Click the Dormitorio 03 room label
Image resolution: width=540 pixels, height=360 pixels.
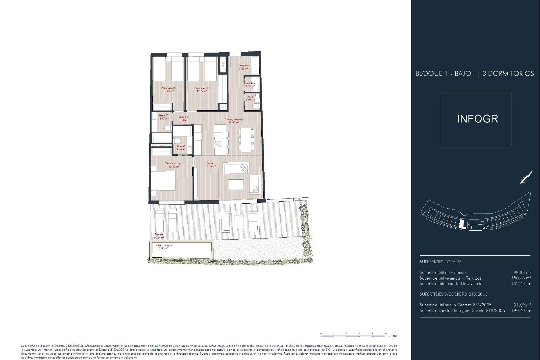coord(168,89)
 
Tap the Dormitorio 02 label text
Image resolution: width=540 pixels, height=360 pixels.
coord(202,89)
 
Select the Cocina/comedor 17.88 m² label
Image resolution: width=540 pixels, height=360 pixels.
coord(234,121)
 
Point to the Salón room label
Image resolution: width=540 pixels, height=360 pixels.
coord(210,165)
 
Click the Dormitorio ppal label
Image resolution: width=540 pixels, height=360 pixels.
coord(174,165)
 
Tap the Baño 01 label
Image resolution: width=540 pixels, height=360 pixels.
coord(181,147)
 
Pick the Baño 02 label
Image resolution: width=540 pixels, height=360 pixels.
coord(164,117)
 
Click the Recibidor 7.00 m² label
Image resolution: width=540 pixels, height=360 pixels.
coord(244,67)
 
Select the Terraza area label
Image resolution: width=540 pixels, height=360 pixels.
coord(159,236)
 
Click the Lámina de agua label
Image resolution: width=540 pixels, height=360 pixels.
coord(163,247)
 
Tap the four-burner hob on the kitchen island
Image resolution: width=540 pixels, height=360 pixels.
coord(218,144)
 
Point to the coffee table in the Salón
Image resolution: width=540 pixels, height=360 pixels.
coord(236,184)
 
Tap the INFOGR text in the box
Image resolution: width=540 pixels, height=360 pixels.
coord(477,119)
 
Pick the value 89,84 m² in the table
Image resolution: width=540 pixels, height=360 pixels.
coord(522,273)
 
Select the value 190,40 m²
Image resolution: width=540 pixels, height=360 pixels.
coord(522,310)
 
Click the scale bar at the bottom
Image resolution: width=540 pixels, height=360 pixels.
coord(353,336)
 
